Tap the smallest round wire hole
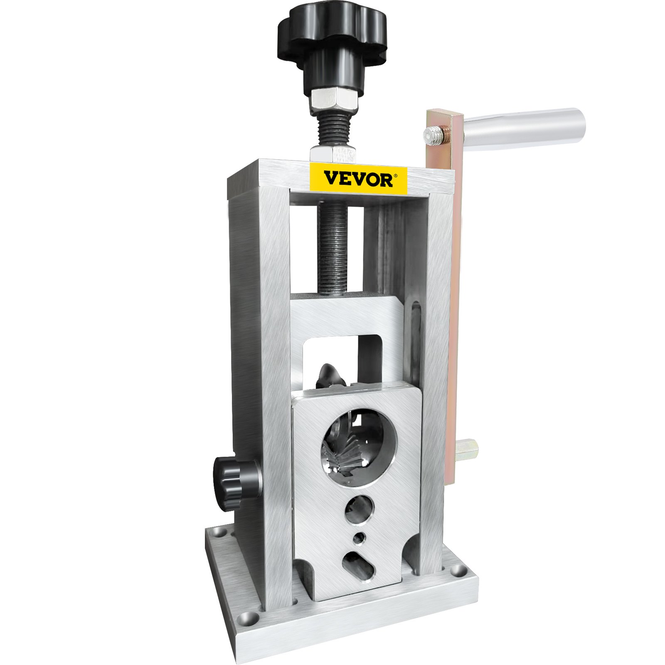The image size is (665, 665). click(358, 539)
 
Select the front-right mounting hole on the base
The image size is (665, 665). click(458, 569)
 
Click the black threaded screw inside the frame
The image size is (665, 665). click(332, 249)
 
